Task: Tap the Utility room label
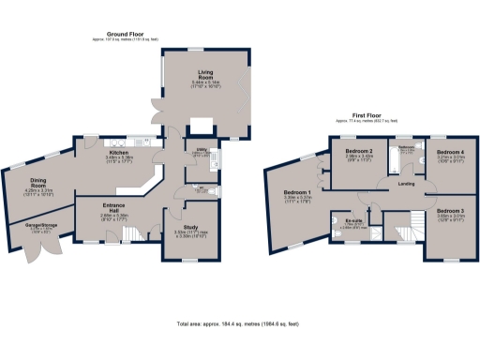201,148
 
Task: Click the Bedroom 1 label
297,192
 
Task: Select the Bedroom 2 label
359,151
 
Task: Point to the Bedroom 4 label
450,151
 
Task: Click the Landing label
407,184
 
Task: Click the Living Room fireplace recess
202,124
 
